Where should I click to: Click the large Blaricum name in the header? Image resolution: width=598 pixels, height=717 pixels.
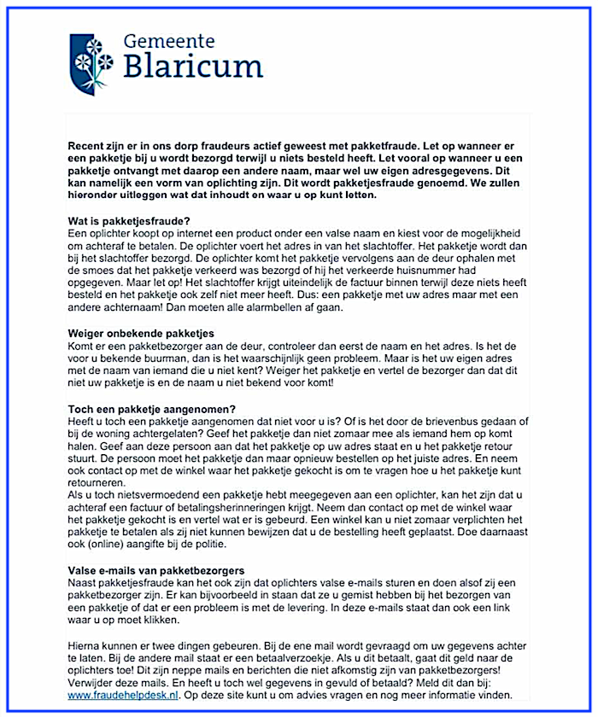click(193, 67)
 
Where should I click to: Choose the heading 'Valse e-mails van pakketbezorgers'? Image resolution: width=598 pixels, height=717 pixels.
click(156, 569)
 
